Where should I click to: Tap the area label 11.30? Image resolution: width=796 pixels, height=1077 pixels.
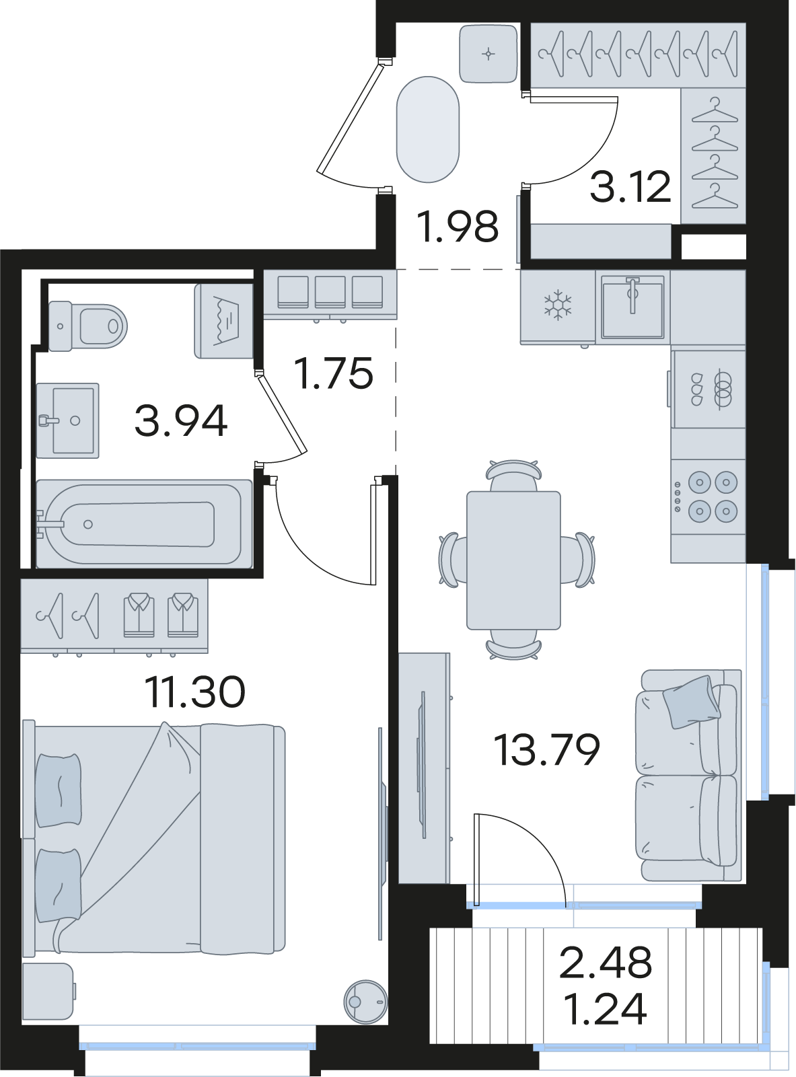tap(194, 692)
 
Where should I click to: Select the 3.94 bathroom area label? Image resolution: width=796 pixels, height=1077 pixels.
tap(181, 420)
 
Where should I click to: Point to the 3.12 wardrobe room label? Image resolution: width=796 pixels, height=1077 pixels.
tap(630, 186)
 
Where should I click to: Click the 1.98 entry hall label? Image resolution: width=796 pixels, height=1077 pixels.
tap(458, 226)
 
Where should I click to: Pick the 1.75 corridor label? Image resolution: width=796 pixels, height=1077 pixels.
tap(334, 373)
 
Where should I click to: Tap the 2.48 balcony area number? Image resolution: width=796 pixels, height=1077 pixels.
tap(605, 963)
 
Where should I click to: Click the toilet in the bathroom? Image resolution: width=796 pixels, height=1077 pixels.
tap(88, 326)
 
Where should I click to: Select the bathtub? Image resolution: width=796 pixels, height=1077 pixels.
tap(144, 524)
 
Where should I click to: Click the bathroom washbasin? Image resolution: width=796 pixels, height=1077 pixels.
tap(68, 420)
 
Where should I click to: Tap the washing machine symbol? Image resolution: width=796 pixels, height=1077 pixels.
tap(224, 321)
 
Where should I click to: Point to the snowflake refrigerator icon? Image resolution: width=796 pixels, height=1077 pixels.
tap(558, 305)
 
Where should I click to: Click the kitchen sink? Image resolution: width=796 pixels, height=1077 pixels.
tap(632, 307)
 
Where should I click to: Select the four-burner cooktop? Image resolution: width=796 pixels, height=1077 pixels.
tap(709, 496)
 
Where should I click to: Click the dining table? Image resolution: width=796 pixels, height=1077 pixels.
tap(513, 560)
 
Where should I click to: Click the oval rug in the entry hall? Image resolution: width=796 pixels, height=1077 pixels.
tap(428, 129)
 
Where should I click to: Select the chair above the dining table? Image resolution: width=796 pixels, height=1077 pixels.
tap(514, 476)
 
